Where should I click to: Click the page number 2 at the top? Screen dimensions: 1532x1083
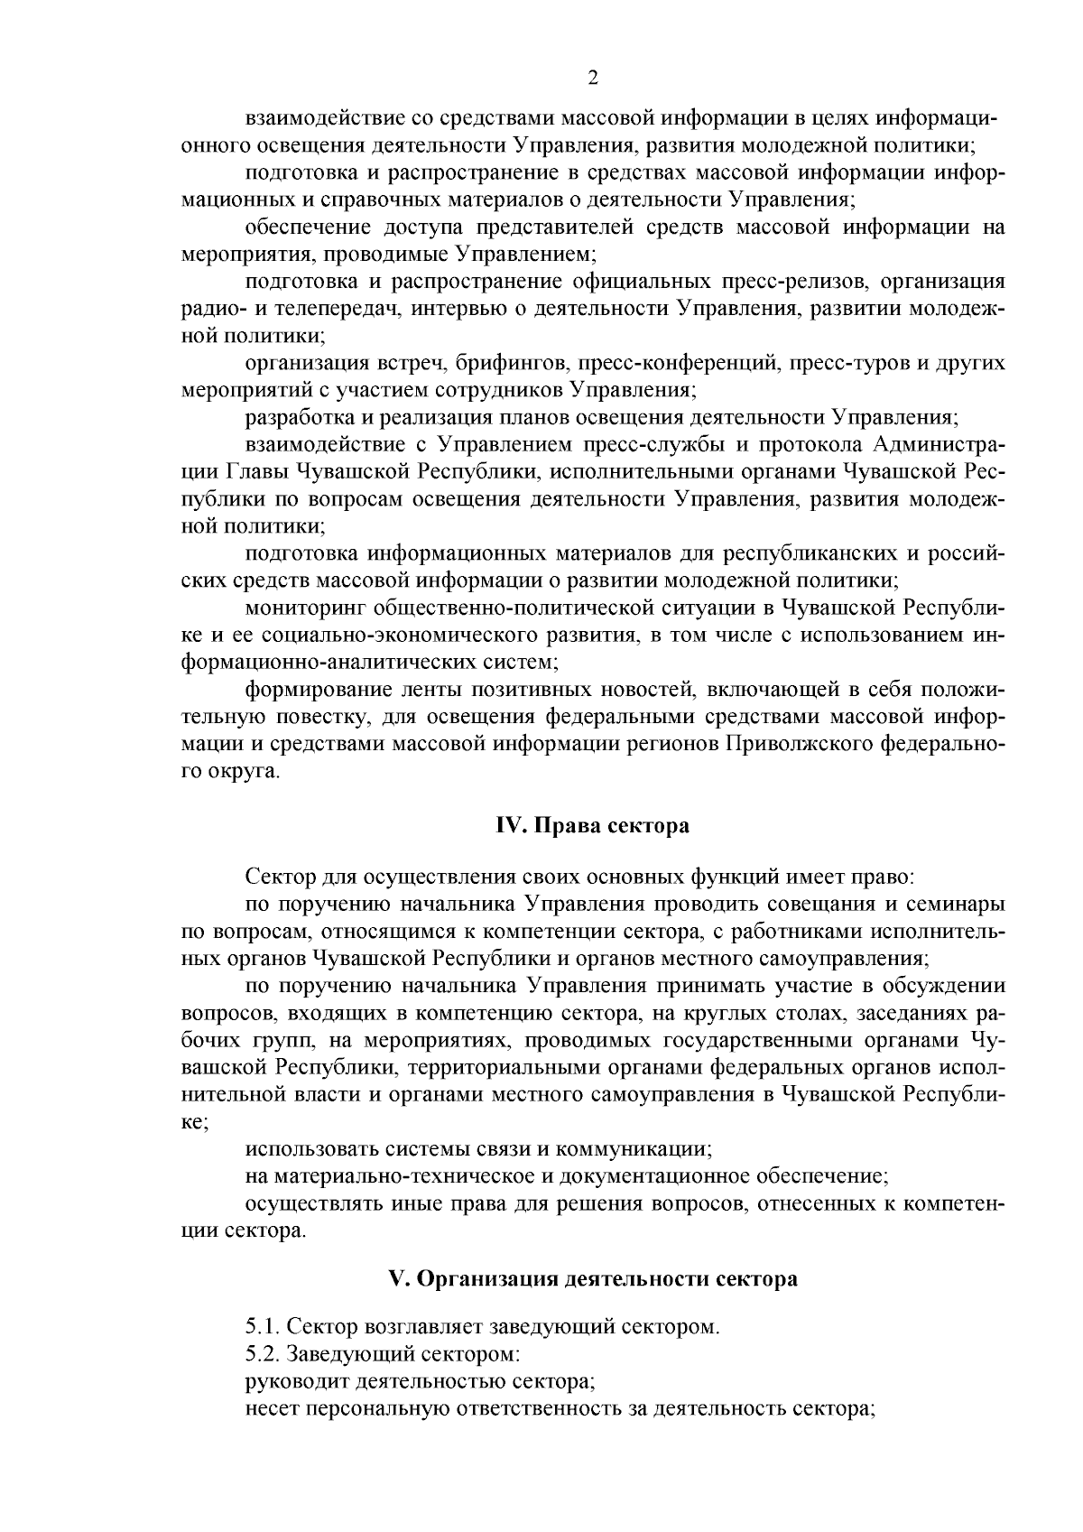pyautogui.click(x=593, y=79)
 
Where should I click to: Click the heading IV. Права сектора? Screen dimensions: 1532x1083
pyautogui.click(x=593, y=826)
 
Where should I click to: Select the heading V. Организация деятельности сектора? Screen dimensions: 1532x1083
pyautogui.click(x=593, y=1279)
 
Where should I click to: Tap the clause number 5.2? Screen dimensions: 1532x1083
pyautogui.click(x=261, y=1354)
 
